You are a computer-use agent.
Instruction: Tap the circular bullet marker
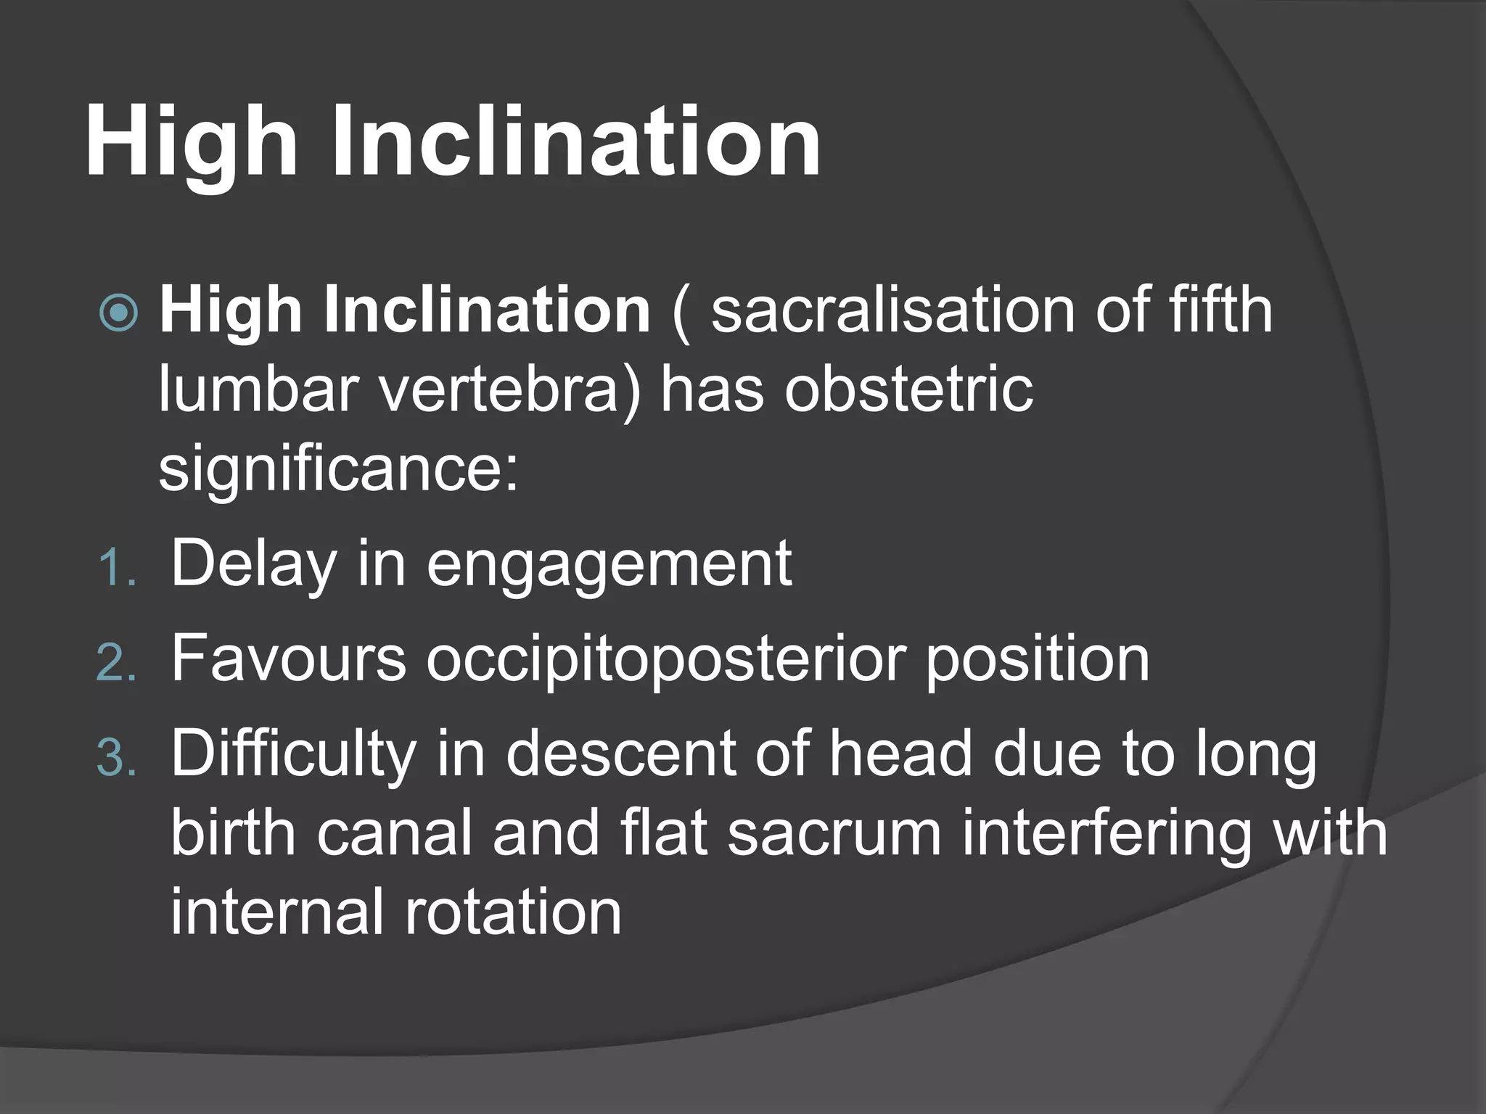(118, 313)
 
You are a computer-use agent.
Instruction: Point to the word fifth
(1220, 310)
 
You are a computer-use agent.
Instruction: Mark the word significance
(338, 470)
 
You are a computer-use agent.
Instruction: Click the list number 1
(115, 567)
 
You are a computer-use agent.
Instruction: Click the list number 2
(115, 663)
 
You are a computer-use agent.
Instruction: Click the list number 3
(115, 759)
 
